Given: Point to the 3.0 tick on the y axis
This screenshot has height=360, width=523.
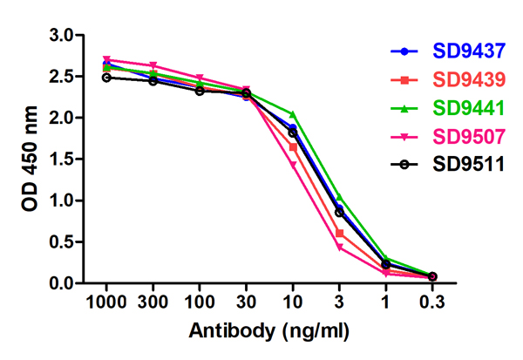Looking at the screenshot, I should [61, 35].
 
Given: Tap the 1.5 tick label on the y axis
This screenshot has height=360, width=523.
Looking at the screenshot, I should [61, 160].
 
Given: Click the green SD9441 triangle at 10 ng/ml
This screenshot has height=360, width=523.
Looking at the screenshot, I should [293, 114].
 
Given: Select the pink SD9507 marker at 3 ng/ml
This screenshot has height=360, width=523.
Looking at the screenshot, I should [339, 248].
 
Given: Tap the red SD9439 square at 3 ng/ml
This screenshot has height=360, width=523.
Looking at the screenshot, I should [339, 233].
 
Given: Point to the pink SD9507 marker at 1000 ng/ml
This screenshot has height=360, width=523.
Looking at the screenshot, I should [106, 59].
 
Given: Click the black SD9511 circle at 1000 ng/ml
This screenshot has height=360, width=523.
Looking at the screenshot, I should [106, 78].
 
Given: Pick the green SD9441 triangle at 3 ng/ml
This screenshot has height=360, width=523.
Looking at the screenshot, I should [339, 197].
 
